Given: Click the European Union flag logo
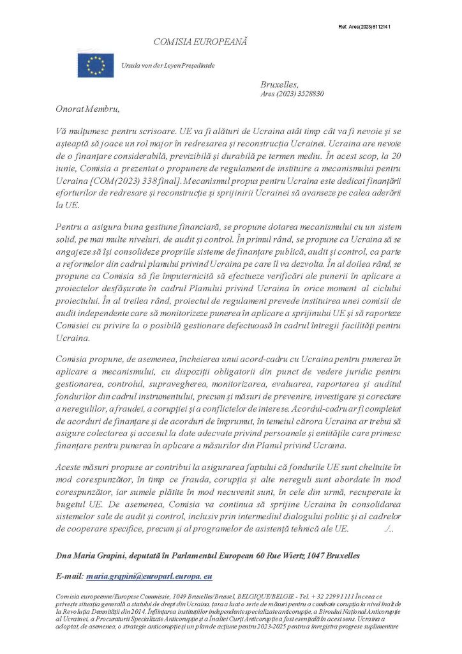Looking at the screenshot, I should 96,65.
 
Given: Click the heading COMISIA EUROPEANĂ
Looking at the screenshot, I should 200,42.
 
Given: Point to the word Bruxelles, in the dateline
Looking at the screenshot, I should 279,84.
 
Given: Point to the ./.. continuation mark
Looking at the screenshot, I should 392,529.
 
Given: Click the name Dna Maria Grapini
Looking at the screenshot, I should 88,556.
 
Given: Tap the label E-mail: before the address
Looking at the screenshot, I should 69,576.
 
